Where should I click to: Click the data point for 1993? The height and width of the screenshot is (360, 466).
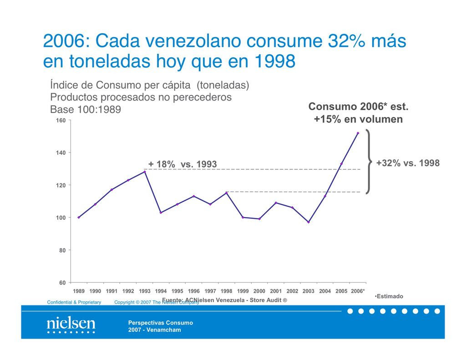145,172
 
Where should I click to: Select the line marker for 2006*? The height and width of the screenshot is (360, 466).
358,133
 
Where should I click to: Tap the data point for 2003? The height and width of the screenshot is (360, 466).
309,222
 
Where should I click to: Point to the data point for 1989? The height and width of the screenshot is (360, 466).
79,217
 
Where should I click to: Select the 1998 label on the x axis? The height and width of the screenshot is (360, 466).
226,291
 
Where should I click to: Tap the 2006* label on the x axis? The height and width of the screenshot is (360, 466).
358,291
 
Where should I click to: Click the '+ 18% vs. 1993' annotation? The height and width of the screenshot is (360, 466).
183,164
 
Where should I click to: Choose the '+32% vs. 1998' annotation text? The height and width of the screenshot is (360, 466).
408,163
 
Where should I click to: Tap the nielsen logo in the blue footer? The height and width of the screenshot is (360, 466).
71,325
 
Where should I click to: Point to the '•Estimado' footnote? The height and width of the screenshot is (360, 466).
389,296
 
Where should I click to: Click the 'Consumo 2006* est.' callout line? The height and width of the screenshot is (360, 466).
358,106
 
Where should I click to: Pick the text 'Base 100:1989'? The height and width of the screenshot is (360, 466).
86,110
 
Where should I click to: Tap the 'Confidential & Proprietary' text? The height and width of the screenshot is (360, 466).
74,302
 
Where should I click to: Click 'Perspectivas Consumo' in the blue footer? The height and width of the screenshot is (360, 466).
160,323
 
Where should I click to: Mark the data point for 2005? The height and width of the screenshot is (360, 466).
341,164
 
